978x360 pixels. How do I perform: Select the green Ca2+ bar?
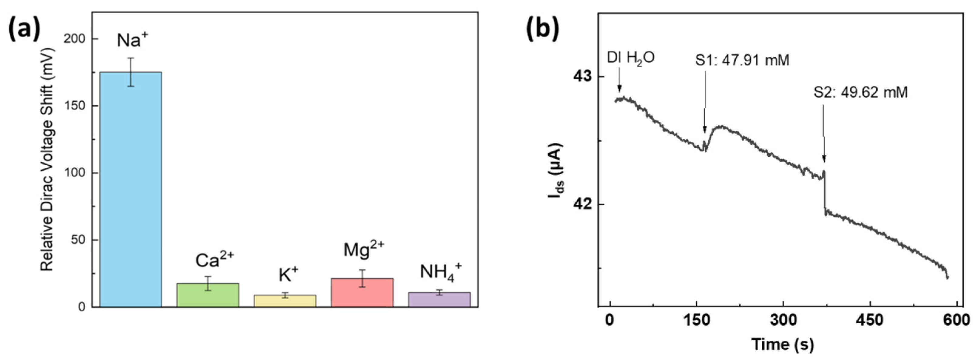tap(208, 295)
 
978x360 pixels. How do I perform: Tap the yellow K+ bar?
tap(285, 301)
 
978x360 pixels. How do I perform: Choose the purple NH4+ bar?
tap(439, 299)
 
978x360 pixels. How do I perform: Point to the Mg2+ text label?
tap(363, 250)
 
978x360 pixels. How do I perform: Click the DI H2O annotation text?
tap(631, 58)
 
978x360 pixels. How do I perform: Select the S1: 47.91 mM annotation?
tap(742, 60)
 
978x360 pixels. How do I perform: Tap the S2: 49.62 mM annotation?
tap(861, 92)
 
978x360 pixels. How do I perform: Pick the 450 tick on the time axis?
tap(870, 320)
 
